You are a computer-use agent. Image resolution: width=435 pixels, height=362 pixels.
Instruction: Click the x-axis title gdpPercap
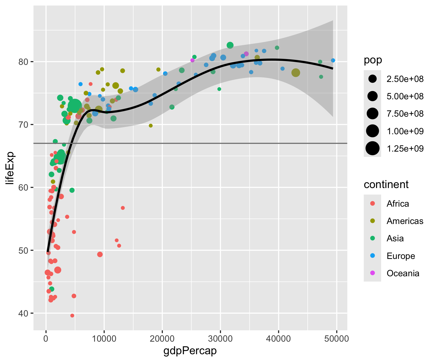(x=190, y=351)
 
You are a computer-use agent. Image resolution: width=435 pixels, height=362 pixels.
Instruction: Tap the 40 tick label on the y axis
(x=23, y=313)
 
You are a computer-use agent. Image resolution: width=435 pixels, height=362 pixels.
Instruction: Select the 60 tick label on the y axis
(x=23, y=188)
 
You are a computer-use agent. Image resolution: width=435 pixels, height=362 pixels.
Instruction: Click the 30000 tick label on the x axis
(x=220, y=339)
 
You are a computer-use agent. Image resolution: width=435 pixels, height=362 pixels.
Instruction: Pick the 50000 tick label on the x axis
(x=337, y=339)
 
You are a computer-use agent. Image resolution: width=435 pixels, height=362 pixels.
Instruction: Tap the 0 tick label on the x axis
(x=46, y=339)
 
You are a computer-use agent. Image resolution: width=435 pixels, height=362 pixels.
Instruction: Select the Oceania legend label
(x=403, y=273)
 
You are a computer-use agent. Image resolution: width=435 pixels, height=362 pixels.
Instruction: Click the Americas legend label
(x=405, y=221)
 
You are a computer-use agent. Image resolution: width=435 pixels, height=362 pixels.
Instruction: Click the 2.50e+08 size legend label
(x=405, y=79)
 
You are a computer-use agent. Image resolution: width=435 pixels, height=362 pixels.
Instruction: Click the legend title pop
(x=373, y=60)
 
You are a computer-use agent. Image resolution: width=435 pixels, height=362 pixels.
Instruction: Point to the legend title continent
(x=386, y=185)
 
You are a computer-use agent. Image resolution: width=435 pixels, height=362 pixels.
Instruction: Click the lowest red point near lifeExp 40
(x=72, y=315)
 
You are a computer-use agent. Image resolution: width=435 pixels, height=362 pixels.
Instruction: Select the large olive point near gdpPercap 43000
(x=296, y=73)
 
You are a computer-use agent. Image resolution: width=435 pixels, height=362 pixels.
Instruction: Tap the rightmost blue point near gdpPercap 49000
(x=333, y=60)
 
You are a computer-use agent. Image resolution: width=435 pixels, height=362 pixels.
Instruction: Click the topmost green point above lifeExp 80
(x=230, y=45)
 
